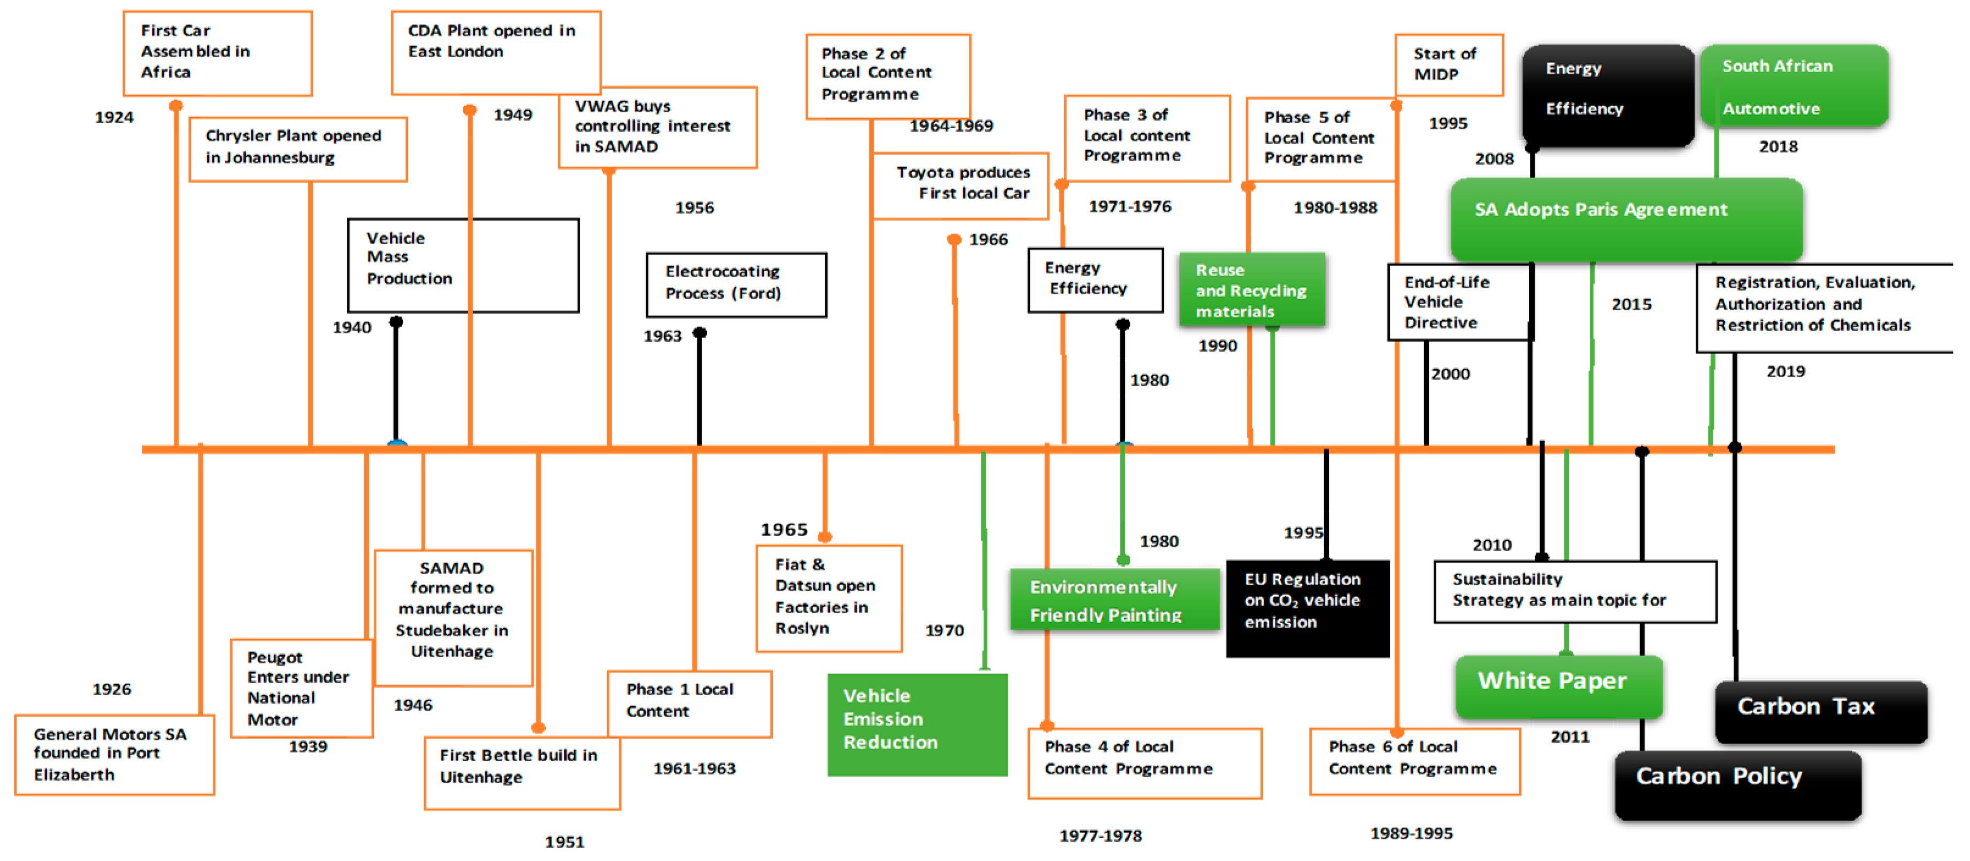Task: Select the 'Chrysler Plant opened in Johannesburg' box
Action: pos(297,148)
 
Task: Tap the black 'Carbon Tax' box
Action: pos(1820,711)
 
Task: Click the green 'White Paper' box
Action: pos(1559,685)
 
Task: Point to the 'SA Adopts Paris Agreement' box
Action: pos(1626,218)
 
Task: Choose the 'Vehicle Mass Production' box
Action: pos(463,265)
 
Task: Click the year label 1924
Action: pos(114,117)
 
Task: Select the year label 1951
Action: pos(564,842)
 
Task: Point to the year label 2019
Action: pos(1785,371)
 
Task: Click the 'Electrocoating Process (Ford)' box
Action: pos(736,285)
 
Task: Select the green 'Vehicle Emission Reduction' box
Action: pos(917,724)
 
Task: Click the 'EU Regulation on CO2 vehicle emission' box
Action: pos(1307,608)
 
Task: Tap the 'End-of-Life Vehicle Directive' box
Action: pos(1459,302)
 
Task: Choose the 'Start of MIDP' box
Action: pos(1449,64)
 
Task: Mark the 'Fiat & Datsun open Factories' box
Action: pos(829,598)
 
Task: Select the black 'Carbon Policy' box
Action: pos(1737,784)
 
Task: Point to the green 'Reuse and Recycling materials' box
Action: pos(1251,289)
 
